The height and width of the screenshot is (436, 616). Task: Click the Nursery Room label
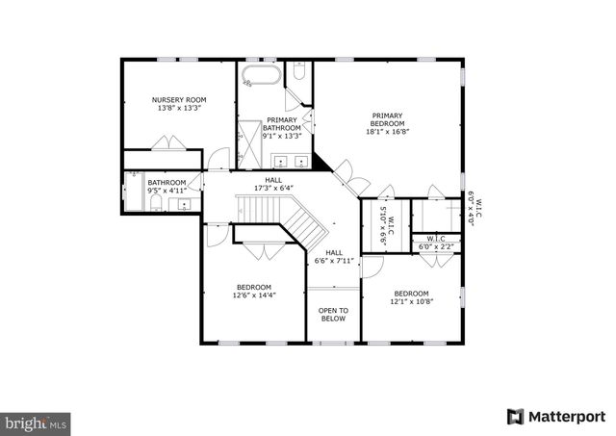(x=179, y=99)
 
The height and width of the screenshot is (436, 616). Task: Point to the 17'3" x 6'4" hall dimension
(x=274, y=188)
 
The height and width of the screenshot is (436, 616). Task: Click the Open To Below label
(x=333, y=314)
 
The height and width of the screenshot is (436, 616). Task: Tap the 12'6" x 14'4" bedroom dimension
(x=254, y=295)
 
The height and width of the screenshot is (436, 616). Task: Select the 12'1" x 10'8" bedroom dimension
(x=411, y=301)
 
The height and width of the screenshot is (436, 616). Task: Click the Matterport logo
(x=550, y=417)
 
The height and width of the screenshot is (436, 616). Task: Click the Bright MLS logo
(x=37, y=422)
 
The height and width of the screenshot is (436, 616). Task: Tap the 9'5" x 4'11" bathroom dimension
(x=167, y=191)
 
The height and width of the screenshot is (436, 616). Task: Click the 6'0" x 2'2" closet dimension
(x=435, y=246)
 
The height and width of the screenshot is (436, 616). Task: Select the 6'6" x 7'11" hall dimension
(x=335, y=260)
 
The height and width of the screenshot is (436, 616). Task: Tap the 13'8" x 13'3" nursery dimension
(x=179, y=108)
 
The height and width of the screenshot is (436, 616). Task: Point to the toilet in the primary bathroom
(x=299, y=71)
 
